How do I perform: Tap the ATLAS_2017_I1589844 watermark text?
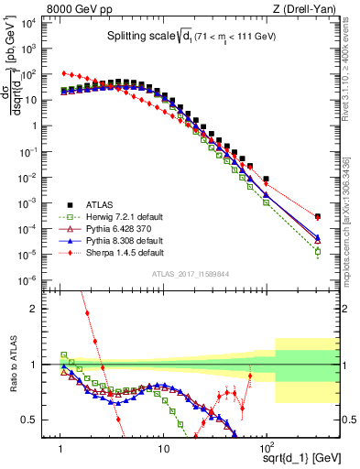tap(191, 274)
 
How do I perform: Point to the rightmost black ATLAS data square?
tap(317, 217)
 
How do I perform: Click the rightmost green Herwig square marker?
tap(317, 251)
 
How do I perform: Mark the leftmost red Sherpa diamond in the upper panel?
tap(61, 73)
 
